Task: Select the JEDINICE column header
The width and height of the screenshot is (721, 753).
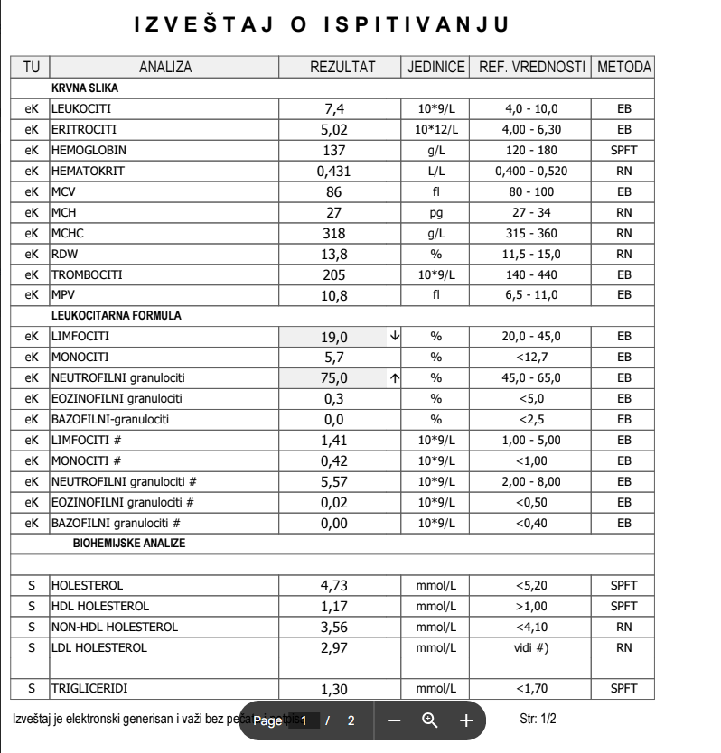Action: (x=435, y=68)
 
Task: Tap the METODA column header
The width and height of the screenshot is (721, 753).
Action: (x=623, y=68)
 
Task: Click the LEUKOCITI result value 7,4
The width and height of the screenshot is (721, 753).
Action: (x=334, y=109)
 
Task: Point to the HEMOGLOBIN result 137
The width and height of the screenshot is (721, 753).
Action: (x=334, y=150)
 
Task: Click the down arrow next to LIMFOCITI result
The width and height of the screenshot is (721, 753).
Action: (x=394, y=336)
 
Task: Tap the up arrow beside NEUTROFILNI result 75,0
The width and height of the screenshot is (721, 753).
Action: (x=394, y=377)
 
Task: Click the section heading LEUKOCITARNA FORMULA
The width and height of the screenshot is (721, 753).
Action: (x=103, y=315)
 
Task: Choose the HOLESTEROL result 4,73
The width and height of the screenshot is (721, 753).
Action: (x=334, y=586)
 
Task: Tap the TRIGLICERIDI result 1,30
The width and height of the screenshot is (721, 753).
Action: (x=334, y=689)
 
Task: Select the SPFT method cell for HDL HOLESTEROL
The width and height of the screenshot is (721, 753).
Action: (x=623, y=606)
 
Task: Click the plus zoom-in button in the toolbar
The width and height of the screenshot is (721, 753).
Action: (x=465, y=720)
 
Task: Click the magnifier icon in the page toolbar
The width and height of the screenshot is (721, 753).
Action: (x=430, y=720)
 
